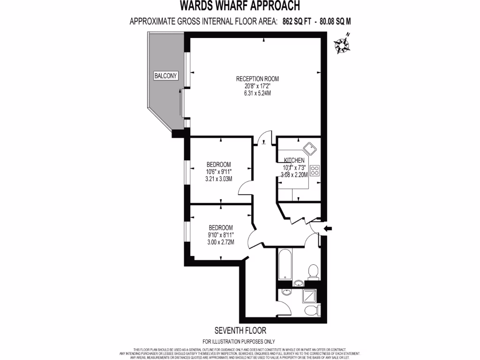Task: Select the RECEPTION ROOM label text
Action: coord(254,79)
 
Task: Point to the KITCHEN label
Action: coord(294,161)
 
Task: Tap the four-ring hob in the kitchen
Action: coord(314,170)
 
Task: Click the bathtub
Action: coord(285,266)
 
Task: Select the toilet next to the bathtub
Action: coord(313,271)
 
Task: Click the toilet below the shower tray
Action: coord(311,310)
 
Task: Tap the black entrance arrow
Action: coord(328,228)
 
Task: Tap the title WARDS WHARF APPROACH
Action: coord(240,6)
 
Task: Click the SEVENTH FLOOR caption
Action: coord(240,330)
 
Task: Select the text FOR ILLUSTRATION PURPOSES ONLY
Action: coord(239,341)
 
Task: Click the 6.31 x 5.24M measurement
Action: coord(254,93)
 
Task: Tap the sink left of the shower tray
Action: coord(287,293)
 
